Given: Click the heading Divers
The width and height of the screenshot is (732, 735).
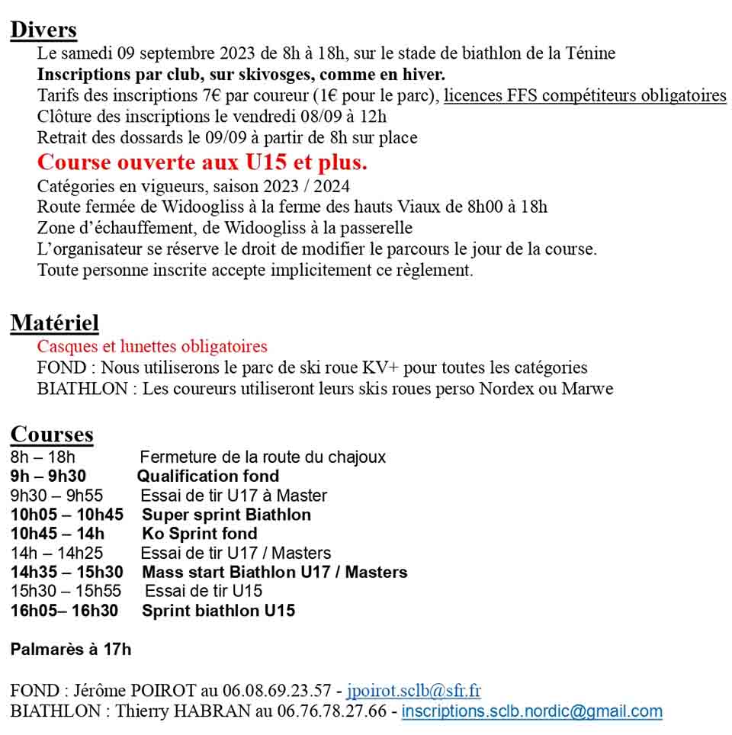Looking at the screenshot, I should click(x=43, y=30).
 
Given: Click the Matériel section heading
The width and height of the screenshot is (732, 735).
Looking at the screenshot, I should click(x=55, y=323).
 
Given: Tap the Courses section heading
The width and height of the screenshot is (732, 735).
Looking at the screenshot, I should click(x=52, y=435).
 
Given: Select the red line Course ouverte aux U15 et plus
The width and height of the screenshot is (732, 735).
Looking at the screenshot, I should click(x=202, y=162).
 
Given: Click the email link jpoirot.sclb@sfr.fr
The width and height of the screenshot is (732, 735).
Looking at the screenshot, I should click(x=413, y=692).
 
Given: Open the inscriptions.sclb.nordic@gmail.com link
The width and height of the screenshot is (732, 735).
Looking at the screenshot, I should click(x=531, y=711).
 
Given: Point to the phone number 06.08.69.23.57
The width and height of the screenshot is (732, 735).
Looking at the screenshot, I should click(x=278, y=692).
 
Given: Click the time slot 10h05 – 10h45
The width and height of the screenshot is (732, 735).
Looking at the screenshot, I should click(x=67, y=515).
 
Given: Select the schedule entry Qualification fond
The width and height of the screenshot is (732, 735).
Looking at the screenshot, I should click(x=208, y=477).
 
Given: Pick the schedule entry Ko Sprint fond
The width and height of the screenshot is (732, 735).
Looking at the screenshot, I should click(x=200, y=534).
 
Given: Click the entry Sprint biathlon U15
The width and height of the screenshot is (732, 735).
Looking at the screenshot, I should click(x=218, y=611).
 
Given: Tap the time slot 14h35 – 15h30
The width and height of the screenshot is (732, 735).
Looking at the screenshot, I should click(x=67, y=572).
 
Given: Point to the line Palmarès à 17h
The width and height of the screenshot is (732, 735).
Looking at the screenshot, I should click(x=71, y=650).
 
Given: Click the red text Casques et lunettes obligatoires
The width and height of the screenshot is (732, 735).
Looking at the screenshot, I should click(x=152, y=347).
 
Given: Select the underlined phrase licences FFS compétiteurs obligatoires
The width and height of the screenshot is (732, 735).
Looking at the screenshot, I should click(x=585, y=96).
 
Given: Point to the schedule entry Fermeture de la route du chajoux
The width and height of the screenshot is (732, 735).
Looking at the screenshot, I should click(x=263, y=457).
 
